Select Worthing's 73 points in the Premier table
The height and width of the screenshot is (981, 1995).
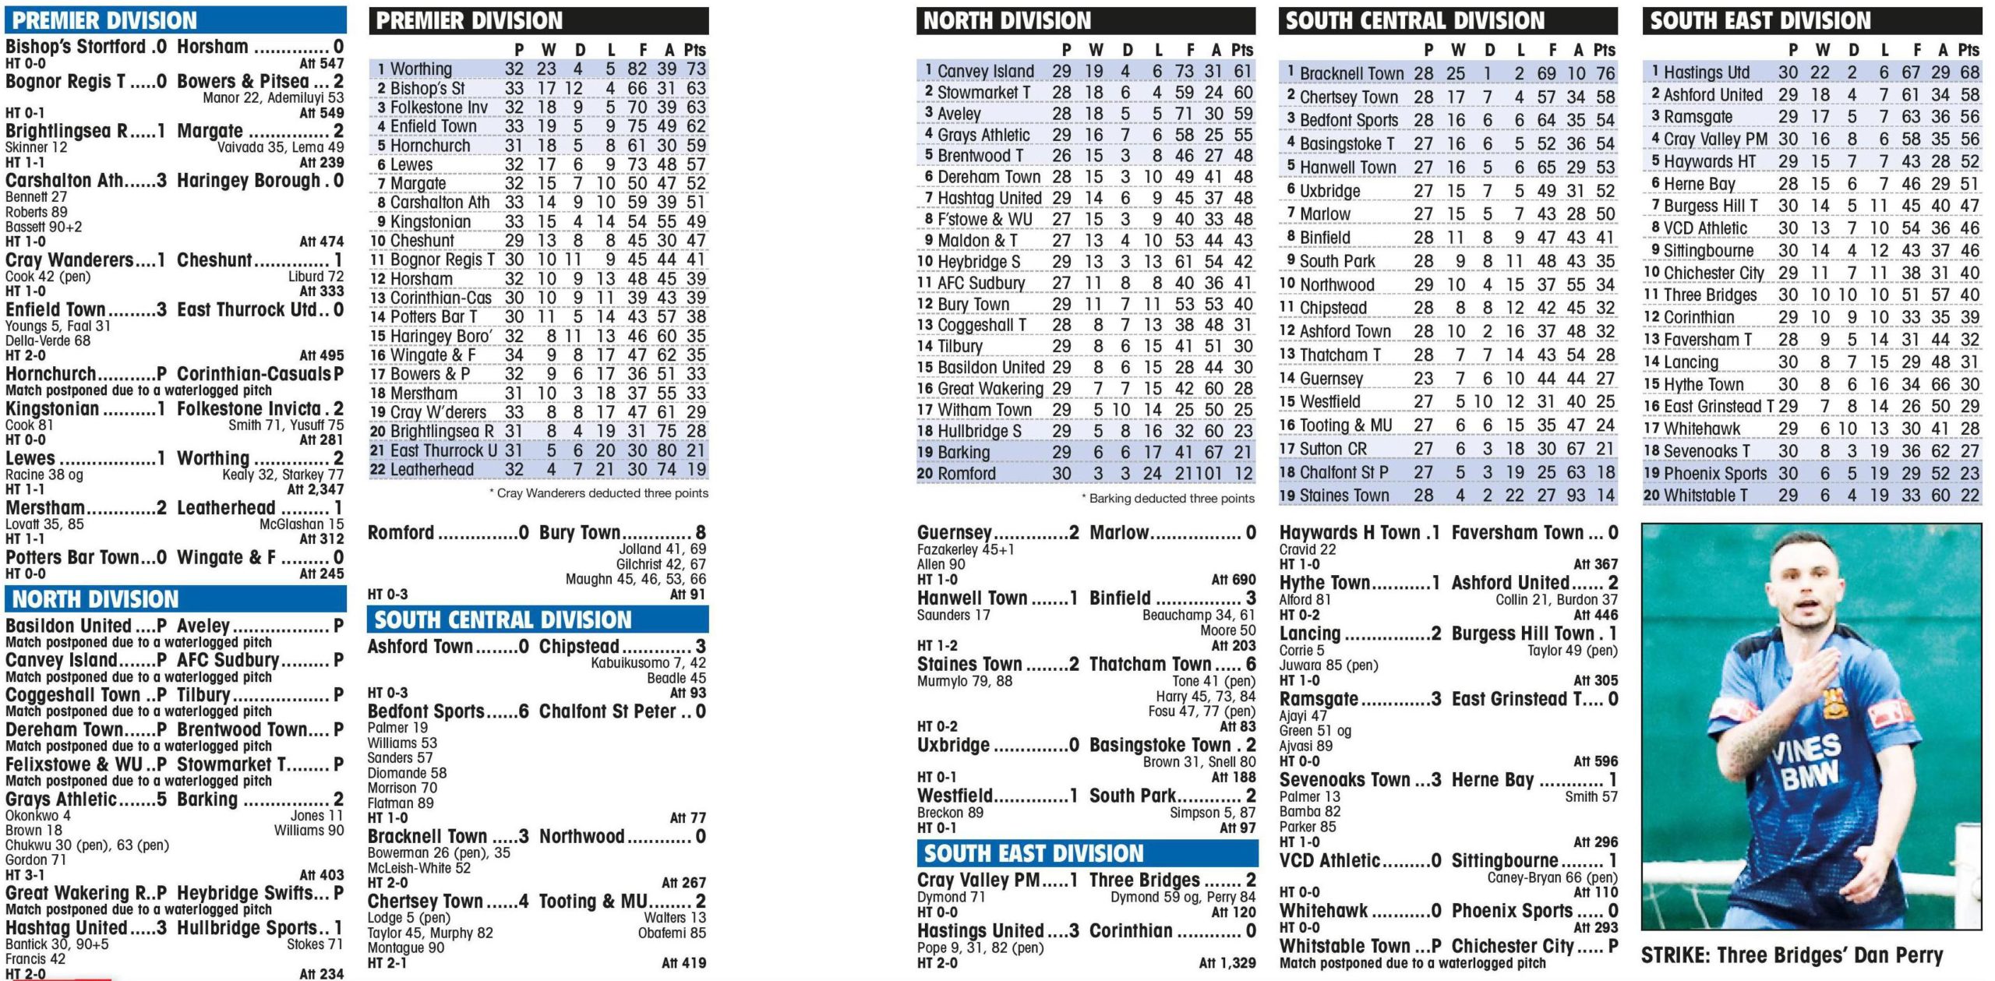point(695,69)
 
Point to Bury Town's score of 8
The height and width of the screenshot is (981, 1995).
point(700,533)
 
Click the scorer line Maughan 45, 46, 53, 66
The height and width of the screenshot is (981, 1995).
point(635,579)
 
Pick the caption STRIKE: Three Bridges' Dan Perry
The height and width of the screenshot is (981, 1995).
point(1792,955)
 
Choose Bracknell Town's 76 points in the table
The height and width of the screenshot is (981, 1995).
point(1604,73)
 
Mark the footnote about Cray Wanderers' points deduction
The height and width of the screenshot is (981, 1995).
point(598,492)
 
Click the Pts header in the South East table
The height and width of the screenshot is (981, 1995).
point(1968,50)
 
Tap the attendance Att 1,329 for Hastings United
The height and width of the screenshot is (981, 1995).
point(1227,963)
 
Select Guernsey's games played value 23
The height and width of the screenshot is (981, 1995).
point(1423,379)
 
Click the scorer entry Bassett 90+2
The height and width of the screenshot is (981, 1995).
point(44,227)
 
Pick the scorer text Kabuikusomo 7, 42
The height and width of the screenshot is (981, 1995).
point(648,663)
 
